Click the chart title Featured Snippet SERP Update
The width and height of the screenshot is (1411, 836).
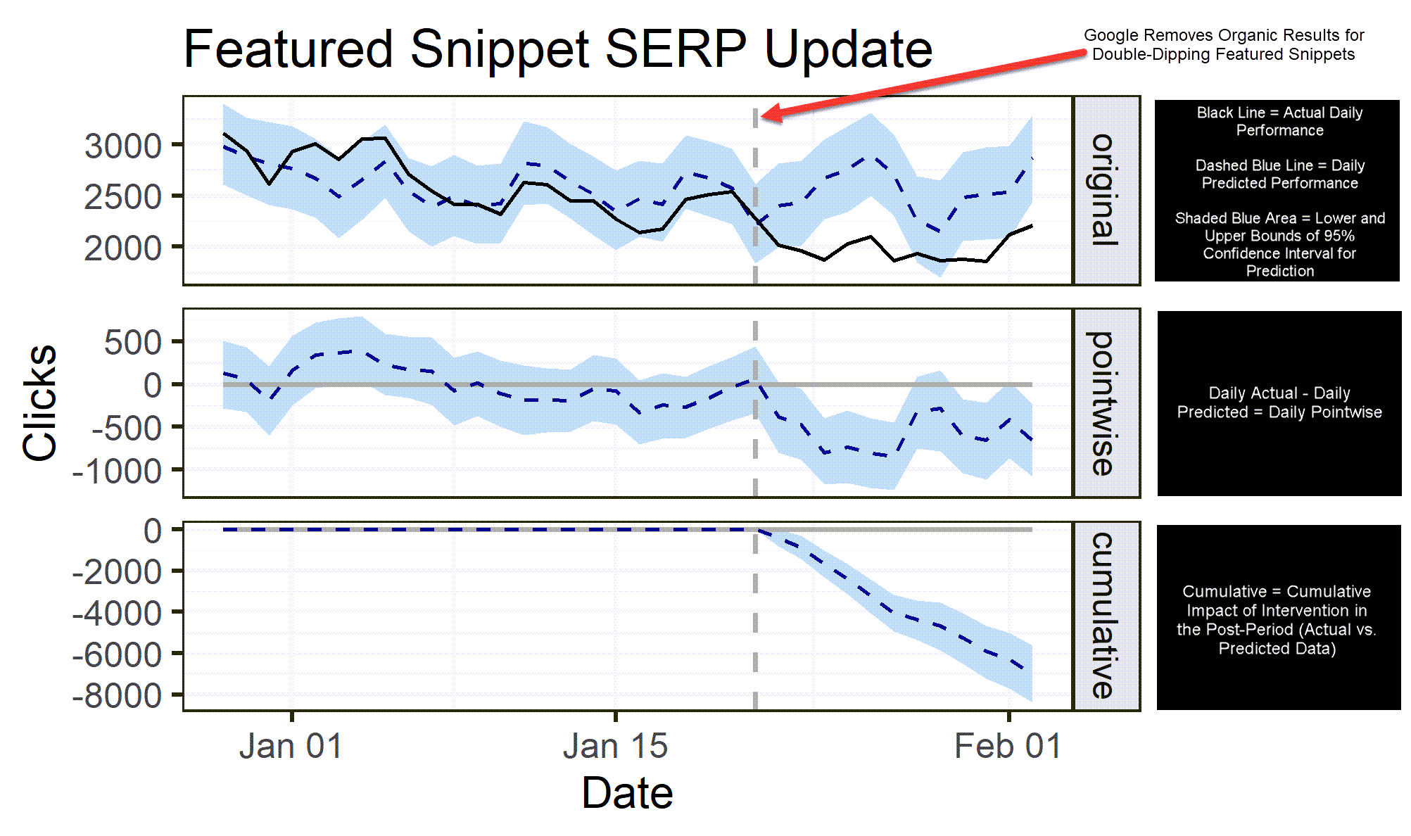pos(557,49)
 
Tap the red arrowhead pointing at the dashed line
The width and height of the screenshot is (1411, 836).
pos(771,114)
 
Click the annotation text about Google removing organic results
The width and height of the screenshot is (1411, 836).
pos(1223,45)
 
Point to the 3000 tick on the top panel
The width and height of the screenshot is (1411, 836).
pos(123,146)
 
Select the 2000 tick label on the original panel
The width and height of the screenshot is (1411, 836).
pos(123,248)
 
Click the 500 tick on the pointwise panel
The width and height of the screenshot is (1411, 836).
pos(133,343)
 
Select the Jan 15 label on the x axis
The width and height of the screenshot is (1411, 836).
pos(615,746)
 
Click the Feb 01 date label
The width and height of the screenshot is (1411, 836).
pos(1007,746)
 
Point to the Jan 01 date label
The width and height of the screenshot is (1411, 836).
pos(291,746)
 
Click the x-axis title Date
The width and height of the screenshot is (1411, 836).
pos(627,793)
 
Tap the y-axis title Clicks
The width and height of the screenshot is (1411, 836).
pos(40,403)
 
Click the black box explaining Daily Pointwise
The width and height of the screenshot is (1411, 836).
pos(1279,403)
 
